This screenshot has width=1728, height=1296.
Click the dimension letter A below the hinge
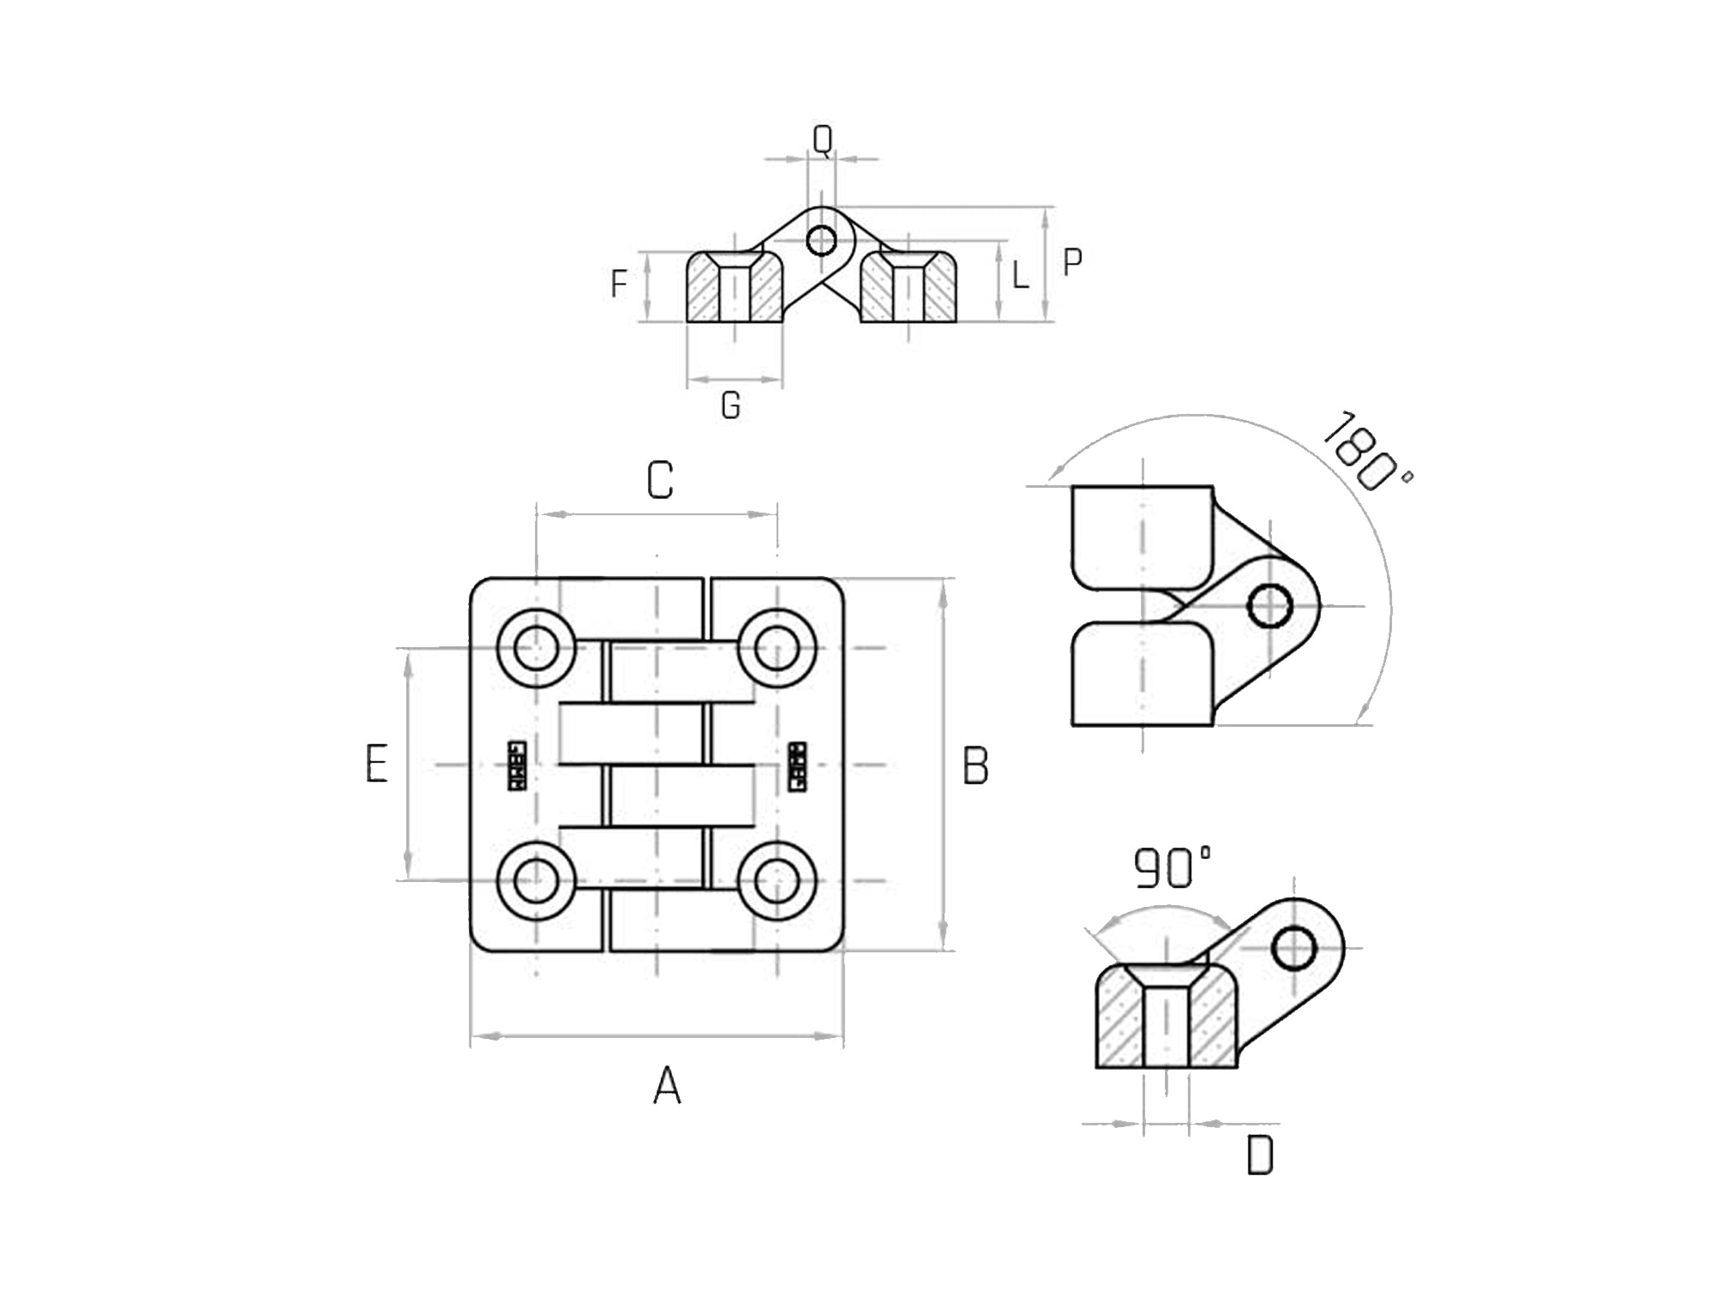click(667, 1086)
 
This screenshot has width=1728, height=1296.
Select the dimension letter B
click(975, 765)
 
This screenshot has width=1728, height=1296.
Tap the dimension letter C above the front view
click(659, 480)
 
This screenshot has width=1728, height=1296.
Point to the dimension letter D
click(1259, 1155)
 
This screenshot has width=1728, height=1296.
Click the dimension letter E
click(376, 763)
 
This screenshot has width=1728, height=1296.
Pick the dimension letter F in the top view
click(619, 284)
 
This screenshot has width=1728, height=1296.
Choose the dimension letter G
click(730, 405)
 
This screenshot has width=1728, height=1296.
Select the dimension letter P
click(1071, 262)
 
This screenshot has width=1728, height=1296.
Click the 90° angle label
click(1172, 867)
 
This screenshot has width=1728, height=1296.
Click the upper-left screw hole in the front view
click(537, 648)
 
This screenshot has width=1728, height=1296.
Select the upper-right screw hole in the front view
click(776, 648)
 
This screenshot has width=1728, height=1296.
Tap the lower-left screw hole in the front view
click(537, 880)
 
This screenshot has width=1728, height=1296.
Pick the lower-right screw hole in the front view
click(776, 880)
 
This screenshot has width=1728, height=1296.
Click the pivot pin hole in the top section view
click(821, 241)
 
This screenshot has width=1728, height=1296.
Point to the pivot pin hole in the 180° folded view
click(1269, 606)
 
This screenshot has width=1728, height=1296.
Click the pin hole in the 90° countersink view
click(1293, 949)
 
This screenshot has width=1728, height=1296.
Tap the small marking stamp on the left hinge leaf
click(517, 765)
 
